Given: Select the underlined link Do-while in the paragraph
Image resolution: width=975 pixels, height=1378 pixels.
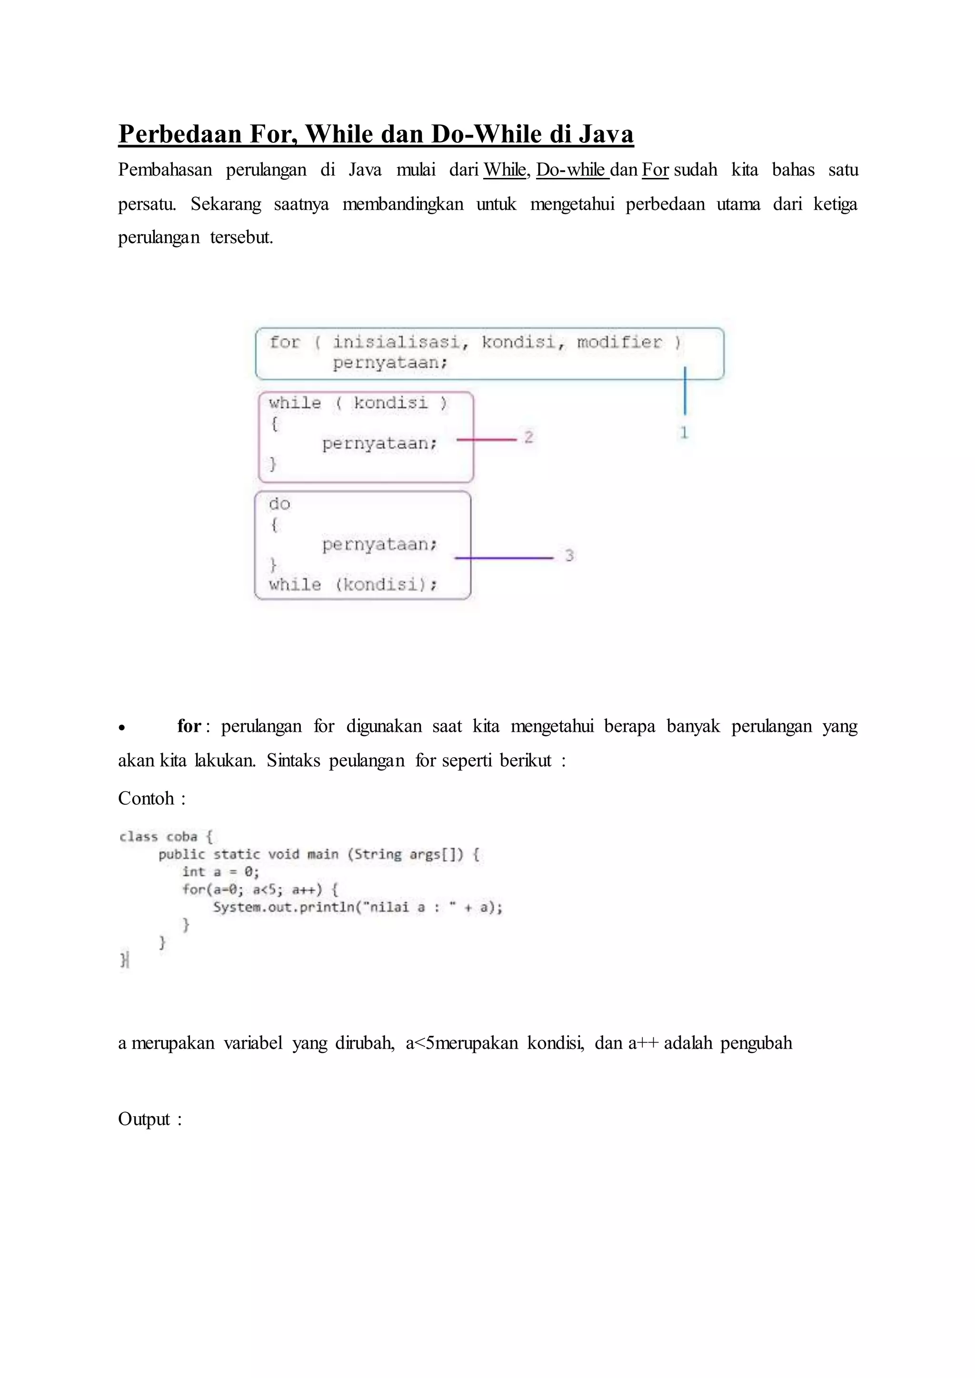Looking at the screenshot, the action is pos(572,170).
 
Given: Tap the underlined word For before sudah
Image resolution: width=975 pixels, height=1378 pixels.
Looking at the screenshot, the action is pos(655,170).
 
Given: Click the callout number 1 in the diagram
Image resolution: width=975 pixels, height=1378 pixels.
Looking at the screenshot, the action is pos(684,433).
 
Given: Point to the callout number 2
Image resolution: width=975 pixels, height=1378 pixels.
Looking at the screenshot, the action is pos(528,437).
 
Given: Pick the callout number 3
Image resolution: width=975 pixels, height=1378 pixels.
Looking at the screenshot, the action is pos(569,556).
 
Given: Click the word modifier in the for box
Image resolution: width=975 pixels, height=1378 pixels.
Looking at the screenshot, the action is pos(619,342).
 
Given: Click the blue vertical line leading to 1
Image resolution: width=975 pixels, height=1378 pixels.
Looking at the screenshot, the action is pos(685,391).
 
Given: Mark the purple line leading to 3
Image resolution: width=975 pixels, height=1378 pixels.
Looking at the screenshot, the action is pos(504,558).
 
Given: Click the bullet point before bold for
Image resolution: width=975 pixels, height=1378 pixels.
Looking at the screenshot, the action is pos(122,728).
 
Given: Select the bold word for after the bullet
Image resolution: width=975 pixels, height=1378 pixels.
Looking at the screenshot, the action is pos(189,726).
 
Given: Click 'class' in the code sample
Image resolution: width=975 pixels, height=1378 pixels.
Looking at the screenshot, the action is pos(139,837).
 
